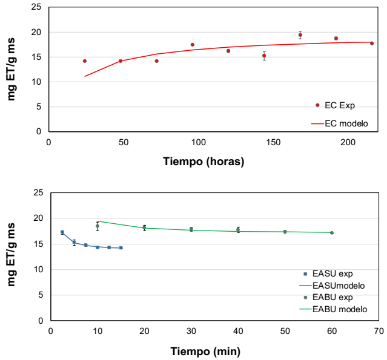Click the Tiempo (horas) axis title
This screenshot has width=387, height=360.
tap(203, 162)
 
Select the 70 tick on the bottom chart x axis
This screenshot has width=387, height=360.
tap(379, 331)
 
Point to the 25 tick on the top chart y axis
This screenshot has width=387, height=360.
tap(37, 7)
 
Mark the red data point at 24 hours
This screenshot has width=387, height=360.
tap(85, 61)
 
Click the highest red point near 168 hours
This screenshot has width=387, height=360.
tap(300, 35)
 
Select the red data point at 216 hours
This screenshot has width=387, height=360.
tap(372, 44)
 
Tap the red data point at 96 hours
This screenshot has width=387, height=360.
tap(193, 45)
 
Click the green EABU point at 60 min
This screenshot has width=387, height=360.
tap(332, 233)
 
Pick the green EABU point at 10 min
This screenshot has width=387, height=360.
tap(97, 226)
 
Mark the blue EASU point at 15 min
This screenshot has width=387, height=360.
tap(121, 248)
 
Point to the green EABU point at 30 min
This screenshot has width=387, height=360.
tap(191, 229)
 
